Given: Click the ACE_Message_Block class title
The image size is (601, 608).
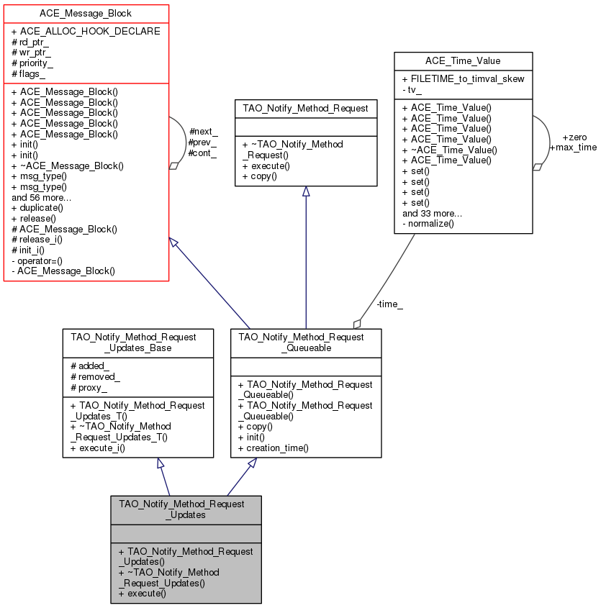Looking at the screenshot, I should [86, 14].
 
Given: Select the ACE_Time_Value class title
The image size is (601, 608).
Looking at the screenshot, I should [464, 62].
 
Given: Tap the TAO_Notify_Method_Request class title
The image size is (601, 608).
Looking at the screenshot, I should [306, 109].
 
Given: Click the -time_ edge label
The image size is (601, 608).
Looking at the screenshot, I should [389, 304].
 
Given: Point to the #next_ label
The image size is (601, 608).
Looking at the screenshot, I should [203, 132].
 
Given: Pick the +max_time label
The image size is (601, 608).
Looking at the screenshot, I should [573, 147].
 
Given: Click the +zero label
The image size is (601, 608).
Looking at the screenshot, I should [576, 137].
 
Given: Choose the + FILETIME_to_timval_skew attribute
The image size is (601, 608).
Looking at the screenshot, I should [463, 78].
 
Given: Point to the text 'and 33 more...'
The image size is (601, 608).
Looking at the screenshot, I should [432, 213].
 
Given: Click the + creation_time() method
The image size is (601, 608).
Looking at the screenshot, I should [273, 448].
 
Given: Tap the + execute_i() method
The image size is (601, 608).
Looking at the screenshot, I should [97, 448].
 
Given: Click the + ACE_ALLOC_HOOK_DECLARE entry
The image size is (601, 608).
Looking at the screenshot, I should [86, 31].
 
